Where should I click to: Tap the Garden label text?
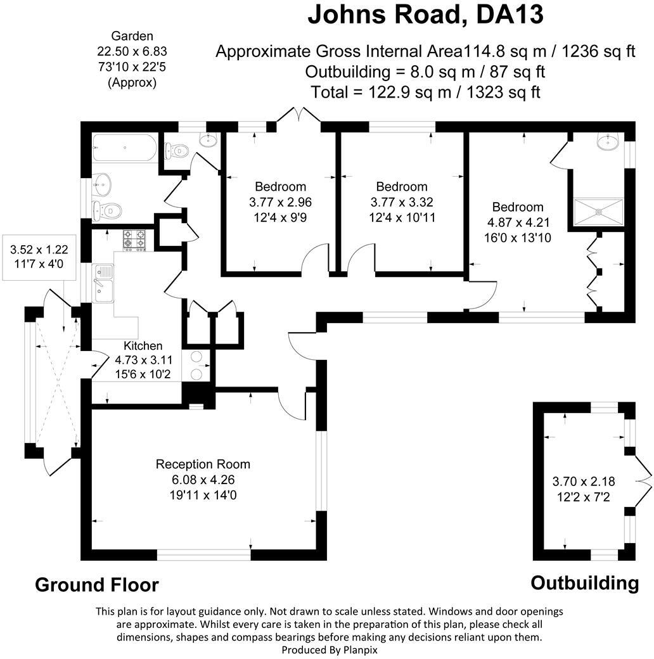pyautogui.click(x=132, y=36)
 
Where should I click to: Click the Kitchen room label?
pyautogui.click(x=143, y=346)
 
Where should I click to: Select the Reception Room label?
pyautogui.click(x=203, y=464)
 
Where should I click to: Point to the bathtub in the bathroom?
pyautogui.click(x=124, y=148)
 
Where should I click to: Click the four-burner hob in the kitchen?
pyautogui.click(x=135, y=240)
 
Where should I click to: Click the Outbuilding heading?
pyautogui.click(x=584, y=583)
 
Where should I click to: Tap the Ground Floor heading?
pyautogui.click(x=96, y=584)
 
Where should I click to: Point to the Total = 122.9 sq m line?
pyautogui.click(x=425, y=92)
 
